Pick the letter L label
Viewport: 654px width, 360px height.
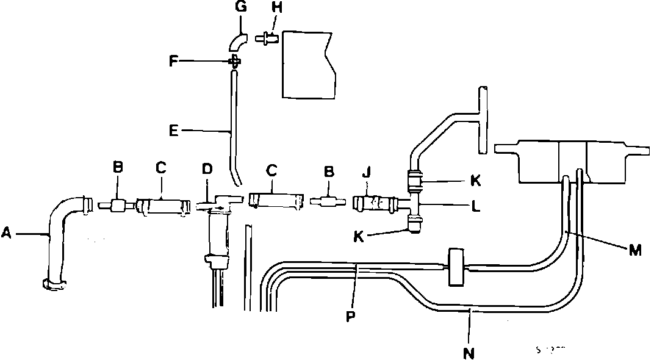tap(475, 206)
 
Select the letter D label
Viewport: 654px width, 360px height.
tap(207, 169)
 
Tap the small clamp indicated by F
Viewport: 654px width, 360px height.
tap(234, 61)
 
